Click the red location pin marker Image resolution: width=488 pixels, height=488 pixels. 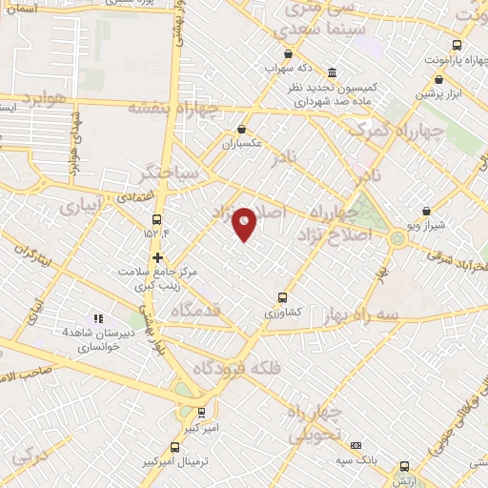point(245,223)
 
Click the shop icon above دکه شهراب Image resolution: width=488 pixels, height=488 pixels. point(288,54)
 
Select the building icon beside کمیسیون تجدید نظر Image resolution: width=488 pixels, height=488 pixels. point(331,73)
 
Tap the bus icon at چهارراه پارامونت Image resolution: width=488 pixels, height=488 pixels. point(457,45)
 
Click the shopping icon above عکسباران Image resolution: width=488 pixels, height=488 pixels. point(240,130)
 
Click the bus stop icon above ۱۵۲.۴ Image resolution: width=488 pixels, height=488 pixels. point(156,218)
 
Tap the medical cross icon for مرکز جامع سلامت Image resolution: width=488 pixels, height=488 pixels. point(157,257)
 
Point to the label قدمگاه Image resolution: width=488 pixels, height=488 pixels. point(196,309)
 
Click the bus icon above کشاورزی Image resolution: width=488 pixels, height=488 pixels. point(281,296)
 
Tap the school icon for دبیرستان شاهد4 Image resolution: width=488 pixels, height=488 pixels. point(96,318)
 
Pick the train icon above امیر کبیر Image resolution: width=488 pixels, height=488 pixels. point(200,413)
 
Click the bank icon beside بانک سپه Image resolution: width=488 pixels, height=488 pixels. point(356,445)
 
